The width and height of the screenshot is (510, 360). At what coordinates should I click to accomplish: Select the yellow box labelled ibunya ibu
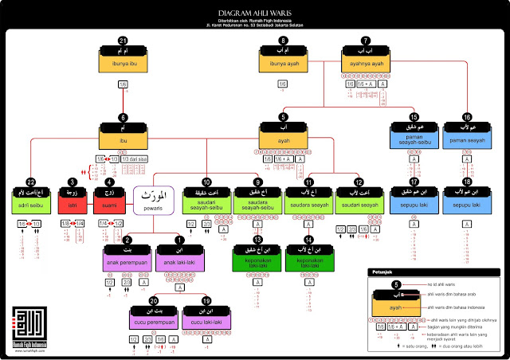coord(123,64)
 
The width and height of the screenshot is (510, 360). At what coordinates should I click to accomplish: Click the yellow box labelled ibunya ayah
coord(282,64)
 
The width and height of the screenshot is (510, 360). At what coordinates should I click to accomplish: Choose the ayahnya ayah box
coord(366,64)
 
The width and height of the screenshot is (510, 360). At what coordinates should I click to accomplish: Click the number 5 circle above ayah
coord(282,116)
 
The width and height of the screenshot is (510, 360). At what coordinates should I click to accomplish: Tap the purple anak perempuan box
coord(124,262)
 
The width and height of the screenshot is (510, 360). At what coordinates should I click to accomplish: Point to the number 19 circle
coord(207,302)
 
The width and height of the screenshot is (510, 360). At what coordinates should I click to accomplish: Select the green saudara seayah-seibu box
coord(257,205)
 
